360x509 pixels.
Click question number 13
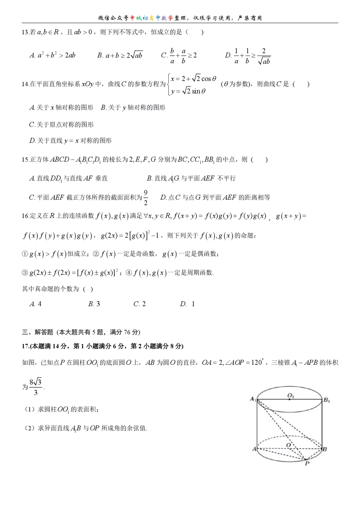(25, 32)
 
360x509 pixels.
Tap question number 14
(25, 84)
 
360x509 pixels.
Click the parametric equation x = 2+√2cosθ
(194, 79)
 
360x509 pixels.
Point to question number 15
(25, 160)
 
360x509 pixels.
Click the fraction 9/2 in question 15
(146, 197)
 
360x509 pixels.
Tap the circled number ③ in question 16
(25, 273)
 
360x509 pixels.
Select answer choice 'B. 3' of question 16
(94, 304)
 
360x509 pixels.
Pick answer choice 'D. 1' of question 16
(187, 304)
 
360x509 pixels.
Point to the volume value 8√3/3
(35, 386)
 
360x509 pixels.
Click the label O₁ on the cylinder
(291, 395)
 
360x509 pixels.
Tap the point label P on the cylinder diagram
(307, 463)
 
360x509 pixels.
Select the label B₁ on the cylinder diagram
(327, 400)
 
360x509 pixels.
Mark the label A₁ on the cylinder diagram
(253, 399)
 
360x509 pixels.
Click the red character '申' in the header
(133, 18)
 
